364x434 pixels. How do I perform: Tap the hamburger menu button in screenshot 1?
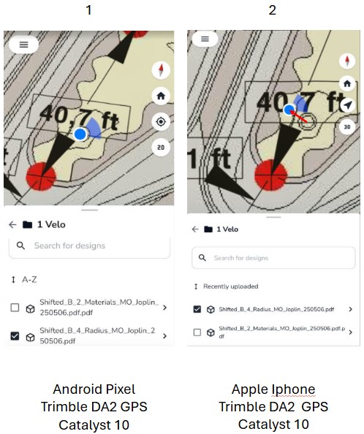[24, 45]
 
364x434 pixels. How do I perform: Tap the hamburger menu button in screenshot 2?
[205, 39]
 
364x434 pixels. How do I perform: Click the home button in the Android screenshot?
[161, 96]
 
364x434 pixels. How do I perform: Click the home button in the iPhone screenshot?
[347, 83]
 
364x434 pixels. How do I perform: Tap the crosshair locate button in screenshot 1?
[161, 121]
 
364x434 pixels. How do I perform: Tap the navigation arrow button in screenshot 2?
[347, 105]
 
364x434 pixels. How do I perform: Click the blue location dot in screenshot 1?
[80, 134]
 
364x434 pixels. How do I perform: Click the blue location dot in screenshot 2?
[289, 110]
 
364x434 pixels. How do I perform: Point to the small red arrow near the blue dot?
[298, 116]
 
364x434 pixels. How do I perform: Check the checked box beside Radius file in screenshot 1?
[15, 336]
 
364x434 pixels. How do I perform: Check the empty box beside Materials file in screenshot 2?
[197, 332]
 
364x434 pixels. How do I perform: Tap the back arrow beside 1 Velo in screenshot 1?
[12, 224]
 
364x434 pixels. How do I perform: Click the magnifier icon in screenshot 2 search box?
[202, 258]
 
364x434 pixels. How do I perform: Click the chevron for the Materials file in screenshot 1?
[165, 308]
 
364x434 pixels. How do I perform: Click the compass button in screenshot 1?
[161, 70]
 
